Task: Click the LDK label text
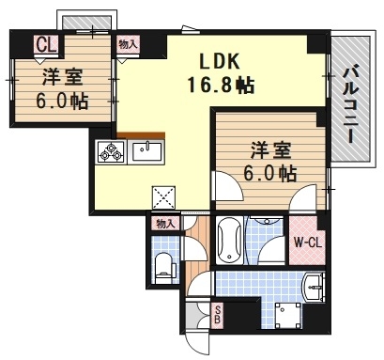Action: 224,62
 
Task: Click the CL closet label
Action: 45,43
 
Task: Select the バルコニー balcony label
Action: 348,102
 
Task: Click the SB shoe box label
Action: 217,316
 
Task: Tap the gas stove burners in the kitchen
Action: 110,151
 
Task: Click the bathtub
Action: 229,242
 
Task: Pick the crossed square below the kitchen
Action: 164,196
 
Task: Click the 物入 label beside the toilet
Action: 165,224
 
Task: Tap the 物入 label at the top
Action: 128,43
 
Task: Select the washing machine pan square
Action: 286,316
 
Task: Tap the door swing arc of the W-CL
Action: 302,200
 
